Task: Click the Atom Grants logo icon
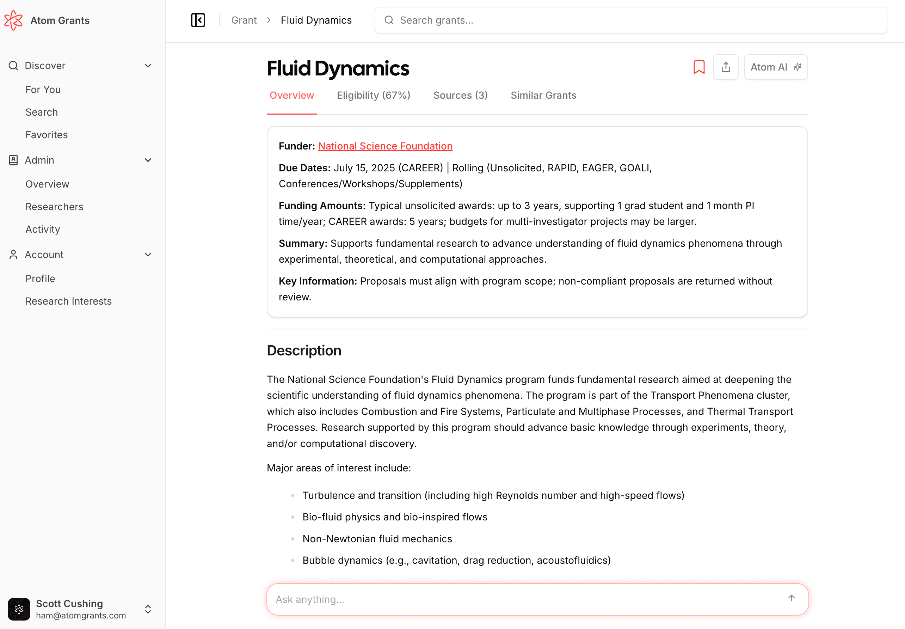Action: point(13,20)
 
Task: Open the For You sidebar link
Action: point(43,90)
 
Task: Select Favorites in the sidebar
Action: point(47,135)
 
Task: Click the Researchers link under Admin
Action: point(54,207)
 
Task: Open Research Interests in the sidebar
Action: point(68,301)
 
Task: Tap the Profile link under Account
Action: point(40,279)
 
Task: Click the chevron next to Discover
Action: point(148,66)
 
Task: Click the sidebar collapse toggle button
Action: point(198,20)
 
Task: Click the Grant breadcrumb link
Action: point(244,20)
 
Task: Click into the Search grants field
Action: point(630,20)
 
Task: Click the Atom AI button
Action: point(775,67)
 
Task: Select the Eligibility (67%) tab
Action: point(373,96)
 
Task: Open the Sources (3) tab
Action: point(460,96)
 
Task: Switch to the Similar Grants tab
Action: point(543,96)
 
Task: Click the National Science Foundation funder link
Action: point(385,146)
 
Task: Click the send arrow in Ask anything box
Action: point(791,598)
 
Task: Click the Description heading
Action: point(304,350)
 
